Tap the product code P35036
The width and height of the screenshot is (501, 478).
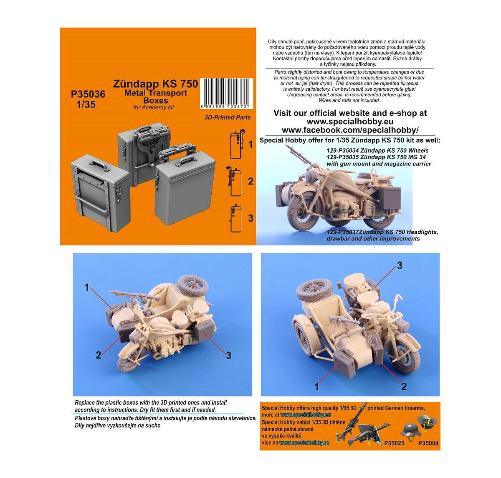[x=88, y=94]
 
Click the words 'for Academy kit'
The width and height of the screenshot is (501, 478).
[x=154, y=107]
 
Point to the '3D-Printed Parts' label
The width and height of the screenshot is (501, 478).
[x=228, y=118]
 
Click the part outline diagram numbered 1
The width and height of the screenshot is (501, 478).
[x=236, y=145]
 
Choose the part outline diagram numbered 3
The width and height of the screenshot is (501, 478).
[x=236, y=218]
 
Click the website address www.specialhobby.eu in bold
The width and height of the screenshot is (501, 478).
[x=350, y=122]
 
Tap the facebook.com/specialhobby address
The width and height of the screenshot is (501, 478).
[x=350, y=130]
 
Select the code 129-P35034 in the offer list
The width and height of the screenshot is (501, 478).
[x=342, y=151]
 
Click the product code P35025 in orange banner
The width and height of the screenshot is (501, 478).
[x=394, y=443]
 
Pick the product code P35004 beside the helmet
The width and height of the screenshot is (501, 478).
[x=428, y=443]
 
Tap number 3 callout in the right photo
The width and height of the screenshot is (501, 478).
[x=400, y=266]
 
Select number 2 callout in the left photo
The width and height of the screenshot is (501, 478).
[x=99, y=355]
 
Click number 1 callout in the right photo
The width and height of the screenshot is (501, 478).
[x=316, y=387]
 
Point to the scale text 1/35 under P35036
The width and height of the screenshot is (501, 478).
[x=86, y=105]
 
